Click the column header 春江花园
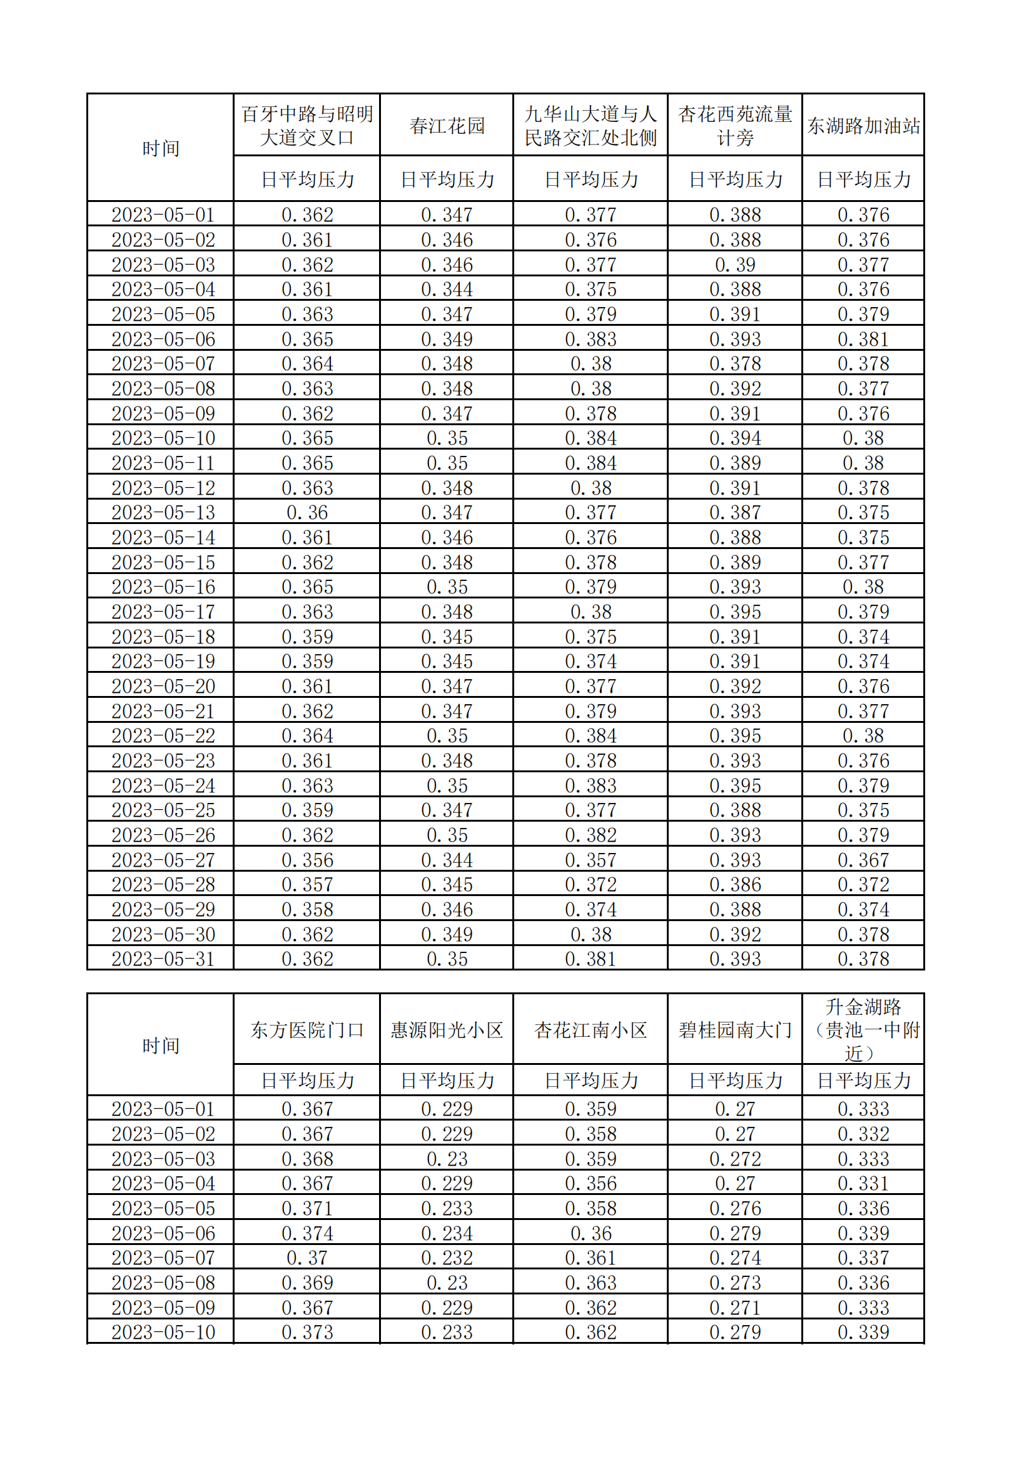[x=447, y=126]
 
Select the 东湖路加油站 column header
[x=863, y=126]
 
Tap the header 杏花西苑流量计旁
[x=734, y=126]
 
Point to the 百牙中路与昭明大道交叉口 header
[x=307, y=126]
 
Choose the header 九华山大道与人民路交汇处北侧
[x=590, y=126]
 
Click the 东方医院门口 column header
[x=307, y=1030]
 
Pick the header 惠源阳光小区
[x=447, y=1030]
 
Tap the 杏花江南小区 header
[x=590, y=1030]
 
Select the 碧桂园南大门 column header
[x=734, y=1030]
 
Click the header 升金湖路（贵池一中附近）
[x=863, y=1030]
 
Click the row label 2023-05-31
[x=163, y=959]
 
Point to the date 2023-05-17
[x=163, y=612]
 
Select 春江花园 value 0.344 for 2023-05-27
[x=447, y=860]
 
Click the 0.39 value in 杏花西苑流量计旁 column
[x=734, y=265]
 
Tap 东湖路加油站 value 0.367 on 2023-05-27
[x=863, y=860]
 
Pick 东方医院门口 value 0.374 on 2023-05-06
[x=307, y=1233]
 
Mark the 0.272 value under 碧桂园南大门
[x=734, y=1159]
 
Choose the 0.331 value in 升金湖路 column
[x=863, y=1184]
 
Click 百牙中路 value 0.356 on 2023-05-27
[x=307, y=860]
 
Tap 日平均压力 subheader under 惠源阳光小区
[x=447, y=1081]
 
